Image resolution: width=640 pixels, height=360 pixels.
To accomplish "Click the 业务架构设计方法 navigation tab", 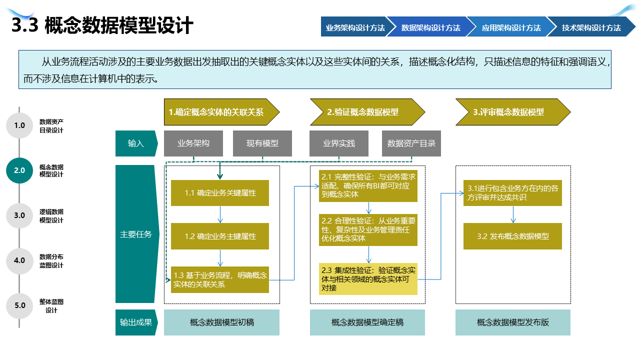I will click(355, 27).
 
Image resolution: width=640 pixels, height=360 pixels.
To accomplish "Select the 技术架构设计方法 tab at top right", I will click(591, 27).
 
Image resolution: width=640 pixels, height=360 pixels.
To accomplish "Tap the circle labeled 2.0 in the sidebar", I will click(19, 170).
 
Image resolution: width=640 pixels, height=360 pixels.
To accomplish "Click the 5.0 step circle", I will click(19, 305).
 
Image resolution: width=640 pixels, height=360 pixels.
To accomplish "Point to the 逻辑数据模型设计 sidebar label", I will click(51, 216).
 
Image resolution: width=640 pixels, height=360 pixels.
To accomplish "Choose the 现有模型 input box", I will click(262, 143).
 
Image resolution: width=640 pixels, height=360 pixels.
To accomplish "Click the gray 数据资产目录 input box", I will click(411, 143).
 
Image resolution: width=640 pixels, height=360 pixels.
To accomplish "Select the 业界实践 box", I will click(338, 143).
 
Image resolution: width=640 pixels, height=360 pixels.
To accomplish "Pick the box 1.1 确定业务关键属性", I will click(220, 193).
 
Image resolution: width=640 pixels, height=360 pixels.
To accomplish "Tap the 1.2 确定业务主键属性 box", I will click(220, 236).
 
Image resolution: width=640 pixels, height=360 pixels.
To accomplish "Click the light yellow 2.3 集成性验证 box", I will click(368, 278).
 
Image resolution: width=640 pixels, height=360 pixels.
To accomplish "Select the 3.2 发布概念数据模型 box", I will click(512, 236).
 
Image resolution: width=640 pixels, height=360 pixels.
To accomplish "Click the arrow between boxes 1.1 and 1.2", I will click(220, 214).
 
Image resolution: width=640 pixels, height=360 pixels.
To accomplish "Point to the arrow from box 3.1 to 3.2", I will click(512, 214).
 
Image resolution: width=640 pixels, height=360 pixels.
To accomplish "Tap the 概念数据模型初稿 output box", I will click(221, 322).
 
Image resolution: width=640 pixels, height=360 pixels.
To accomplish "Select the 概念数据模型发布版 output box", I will click(512, 322).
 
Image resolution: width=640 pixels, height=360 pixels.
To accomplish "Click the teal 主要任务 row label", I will click(136, 234).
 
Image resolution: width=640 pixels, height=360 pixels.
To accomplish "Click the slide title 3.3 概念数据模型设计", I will click(102, 25).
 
